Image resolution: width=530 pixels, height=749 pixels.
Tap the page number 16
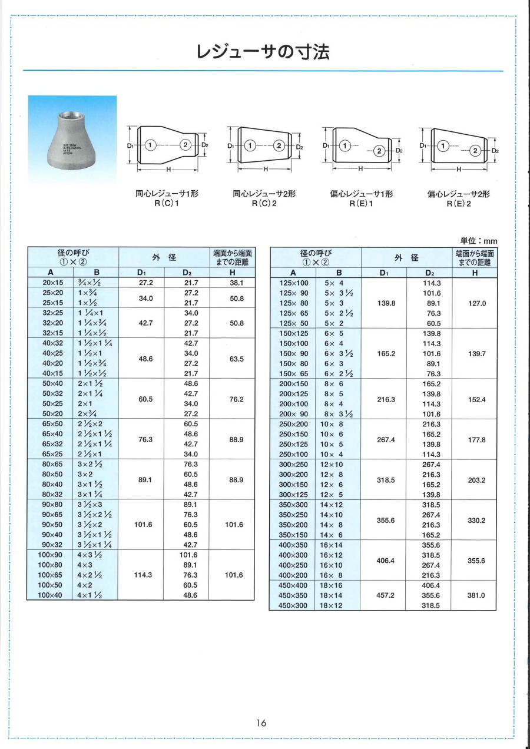click(262, 723)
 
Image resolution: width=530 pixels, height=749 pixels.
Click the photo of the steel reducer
click(73, 139)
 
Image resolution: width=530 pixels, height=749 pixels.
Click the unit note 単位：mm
click(478, 240)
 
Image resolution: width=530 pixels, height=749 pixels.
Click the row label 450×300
click(293, 605)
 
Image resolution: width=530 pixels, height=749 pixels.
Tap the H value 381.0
click(475, 595)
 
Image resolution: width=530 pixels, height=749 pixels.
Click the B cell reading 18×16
click(331, 585)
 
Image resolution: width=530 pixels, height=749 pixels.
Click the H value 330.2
click(475, 520)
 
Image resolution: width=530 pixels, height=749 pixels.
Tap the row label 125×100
click(293, 283)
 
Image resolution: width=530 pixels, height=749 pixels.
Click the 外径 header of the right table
click(406, 257)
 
